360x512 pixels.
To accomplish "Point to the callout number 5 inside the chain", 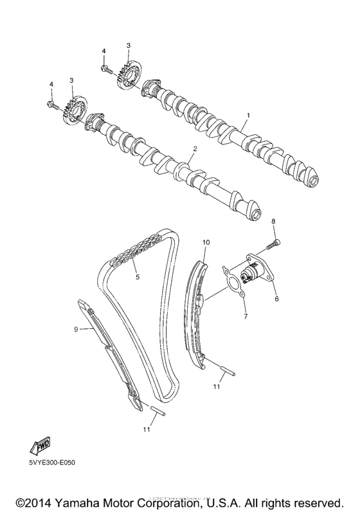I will coord(136,278).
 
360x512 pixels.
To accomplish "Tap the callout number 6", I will coord(277,299).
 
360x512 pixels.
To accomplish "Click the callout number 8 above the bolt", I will coord(273,222).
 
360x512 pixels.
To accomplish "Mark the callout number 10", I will coord(206,243).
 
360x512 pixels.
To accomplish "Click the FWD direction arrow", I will coord(40,446).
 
